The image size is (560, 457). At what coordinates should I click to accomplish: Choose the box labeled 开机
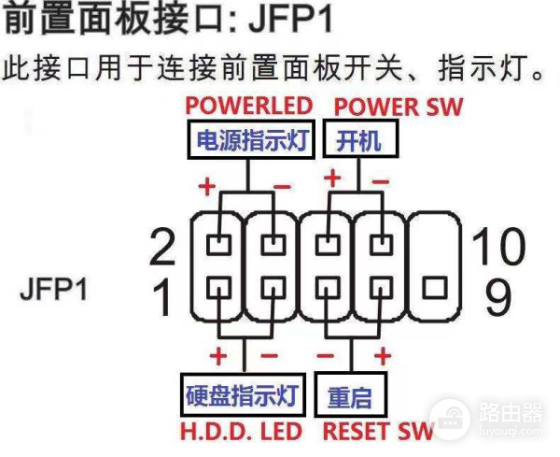(x=359, y=141)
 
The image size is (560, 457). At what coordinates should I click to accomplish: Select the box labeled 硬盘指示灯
(x=242, y=395)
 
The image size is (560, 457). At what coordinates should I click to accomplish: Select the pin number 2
(x=162, y=248)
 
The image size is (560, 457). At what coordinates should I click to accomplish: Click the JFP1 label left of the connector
(x=53, y=291)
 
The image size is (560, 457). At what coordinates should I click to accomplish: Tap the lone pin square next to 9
(x=434, y=286)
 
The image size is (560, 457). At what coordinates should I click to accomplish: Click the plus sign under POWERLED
(x=206, y=185)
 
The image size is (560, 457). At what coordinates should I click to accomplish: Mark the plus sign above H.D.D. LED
(x=219, y=356)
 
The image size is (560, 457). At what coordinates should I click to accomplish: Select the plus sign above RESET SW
(x=382, y=356)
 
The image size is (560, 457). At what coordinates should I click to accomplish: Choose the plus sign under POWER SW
(x=330, y=178)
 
